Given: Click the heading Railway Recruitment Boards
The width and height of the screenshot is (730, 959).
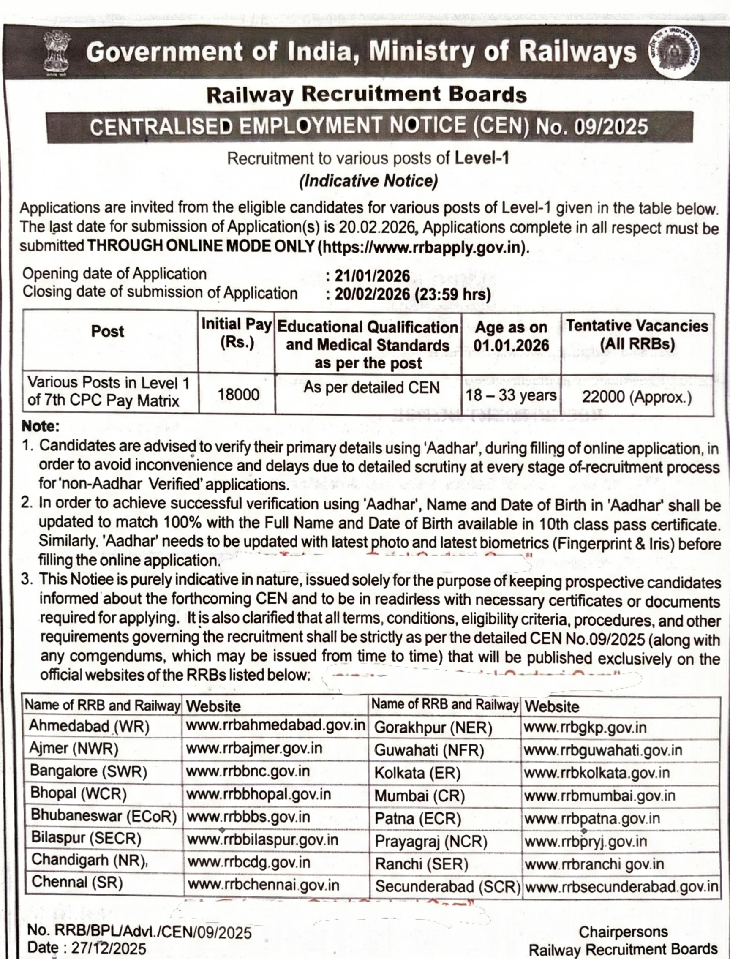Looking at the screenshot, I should (x=366, y=95).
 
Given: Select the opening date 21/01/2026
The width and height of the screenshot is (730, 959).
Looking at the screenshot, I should (x=372, y=276).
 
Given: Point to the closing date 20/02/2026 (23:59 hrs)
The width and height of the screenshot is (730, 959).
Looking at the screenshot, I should (x=412, y=294).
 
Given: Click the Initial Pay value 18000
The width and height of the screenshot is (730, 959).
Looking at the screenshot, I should (x=239, y=395).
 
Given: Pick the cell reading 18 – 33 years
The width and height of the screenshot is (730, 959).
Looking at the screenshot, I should (x=511, y=396).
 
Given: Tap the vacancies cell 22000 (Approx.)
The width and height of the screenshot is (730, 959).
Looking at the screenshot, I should (x=637, y=397).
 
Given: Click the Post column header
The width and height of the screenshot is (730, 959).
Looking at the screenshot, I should (x=108, y=332).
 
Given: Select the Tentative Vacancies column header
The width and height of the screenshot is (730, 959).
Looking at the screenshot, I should (x=637, y=335).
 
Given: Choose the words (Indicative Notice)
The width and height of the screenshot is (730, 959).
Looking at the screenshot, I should (x=368, y=181).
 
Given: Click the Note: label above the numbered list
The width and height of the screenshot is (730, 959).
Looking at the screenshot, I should (x=41, y=426).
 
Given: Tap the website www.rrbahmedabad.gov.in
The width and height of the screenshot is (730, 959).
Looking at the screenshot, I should (x=275, y=725).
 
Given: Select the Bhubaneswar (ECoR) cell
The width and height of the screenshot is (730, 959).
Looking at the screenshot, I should (x=104, y=816).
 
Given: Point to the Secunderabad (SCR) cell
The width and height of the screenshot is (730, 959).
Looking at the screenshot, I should (x=447, y=886).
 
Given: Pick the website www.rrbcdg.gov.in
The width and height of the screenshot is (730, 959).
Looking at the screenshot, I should (x=248, y=862).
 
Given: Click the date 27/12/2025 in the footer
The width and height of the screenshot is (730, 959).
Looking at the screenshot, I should (x=109, y=948).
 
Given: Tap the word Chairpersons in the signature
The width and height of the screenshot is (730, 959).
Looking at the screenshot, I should (x=623, y=932).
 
